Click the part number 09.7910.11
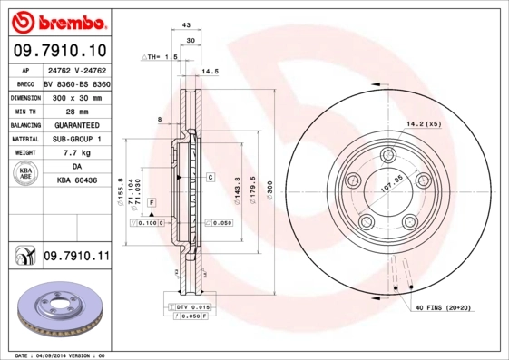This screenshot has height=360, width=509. pyautogui.click(x=75, y=257)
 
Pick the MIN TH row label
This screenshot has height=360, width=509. pyautogui.click(x=24, y=111)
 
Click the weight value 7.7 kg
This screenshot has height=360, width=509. pyautogui.click(x=76, y=153)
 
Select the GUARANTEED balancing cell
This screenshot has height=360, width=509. pyautogui.click(x=76, y=124)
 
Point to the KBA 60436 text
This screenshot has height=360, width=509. pyautogui.click(x=76, y=182)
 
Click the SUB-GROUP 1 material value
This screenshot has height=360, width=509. pyautogui.click(x=76, y=139)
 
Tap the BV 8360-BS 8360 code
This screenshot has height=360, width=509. pyautogui.click(x=77, y=83)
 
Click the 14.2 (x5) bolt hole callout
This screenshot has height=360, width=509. pyautogui.click(x=423, y=122)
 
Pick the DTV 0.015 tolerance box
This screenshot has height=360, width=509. pyautogui.click(x=189, y=308)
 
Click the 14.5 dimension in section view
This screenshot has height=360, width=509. pyautogui.click(x=210, y=71)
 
